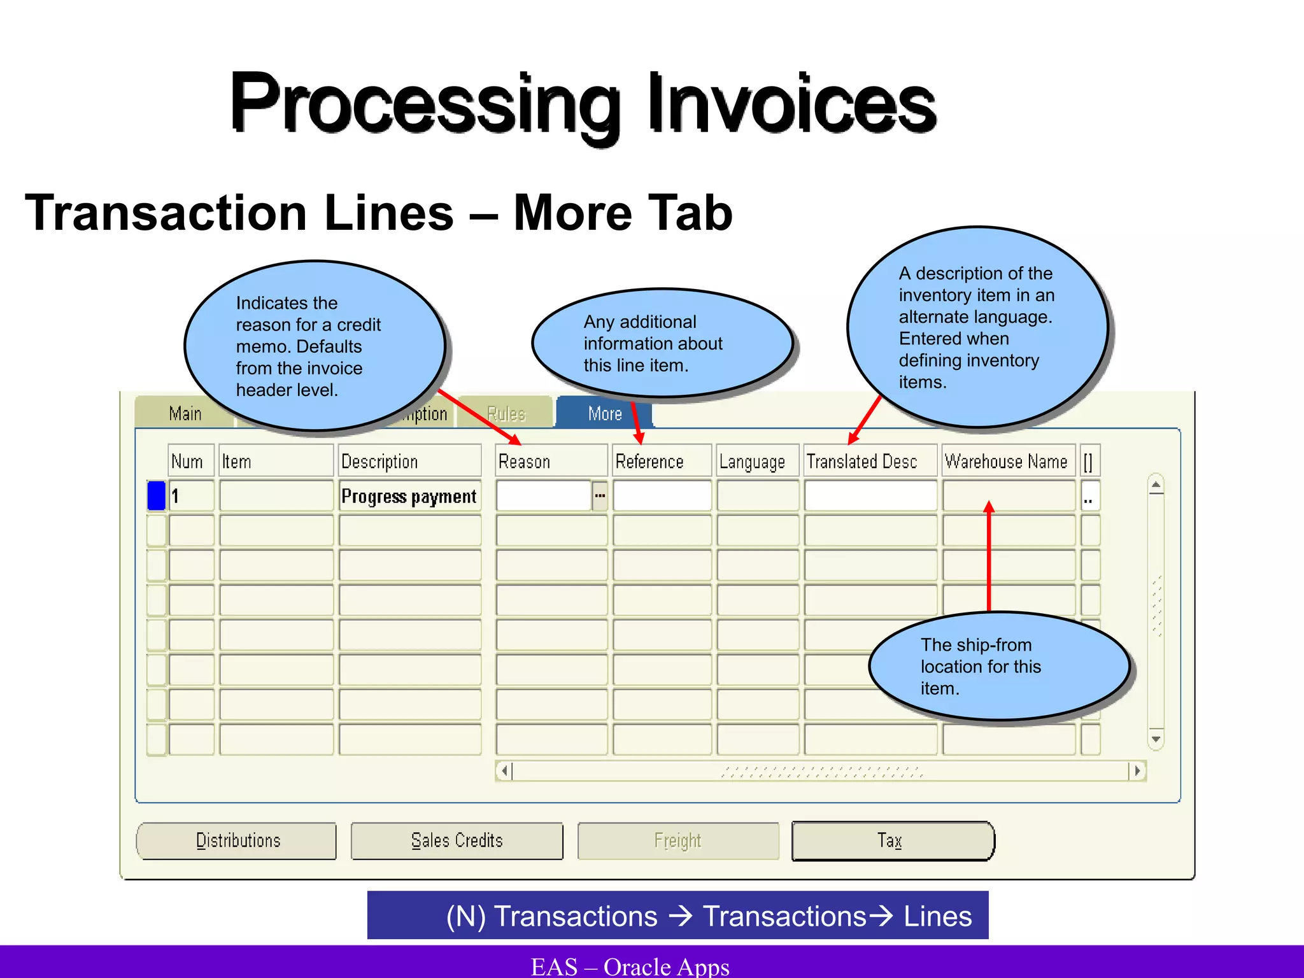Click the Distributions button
point(237,840)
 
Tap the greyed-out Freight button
point(677,840)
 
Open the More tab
point(604,414)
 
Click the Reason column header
point(551,461)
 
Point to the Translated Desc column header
point(870,461)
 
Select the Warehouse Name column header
point(1007,461)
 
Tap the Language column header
point(756,461)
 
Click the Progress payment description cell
point(409,496)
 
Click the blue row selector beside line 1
point(156,496)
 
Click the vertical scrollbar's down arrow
point(1156,739)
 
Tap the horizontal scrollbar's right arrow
point(1137,771)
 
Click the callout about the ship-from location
point(998,666)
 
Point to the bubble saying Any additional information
point(662,343)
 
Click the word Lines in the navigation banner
point(938,916)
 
